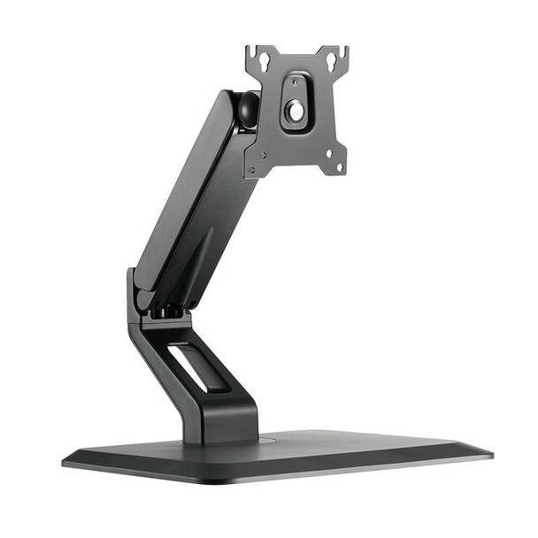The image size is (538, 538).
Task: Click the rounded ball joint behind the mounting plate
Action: coord(248,108)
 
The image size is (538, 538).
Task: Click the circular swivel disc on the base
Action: coord(221,438)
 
